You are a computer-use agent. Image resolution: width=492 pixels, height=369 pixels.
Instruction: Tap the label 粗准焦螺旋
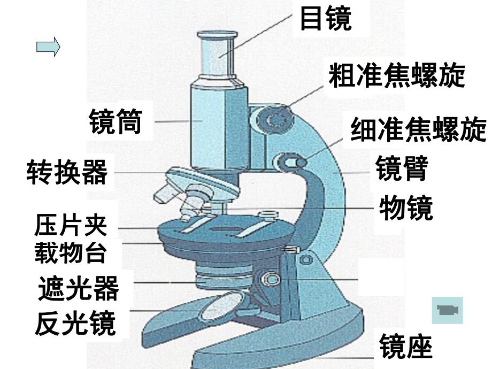[396, 76]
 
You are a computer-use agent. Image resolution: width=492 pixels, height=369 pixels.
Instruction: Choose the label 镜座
[405, 347]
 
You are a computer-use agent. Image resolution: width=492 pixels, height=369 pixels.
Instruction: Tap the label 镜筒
[116, 122]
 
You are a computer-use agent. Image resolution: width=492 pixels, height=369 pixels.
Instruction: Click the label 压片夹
[71, 226]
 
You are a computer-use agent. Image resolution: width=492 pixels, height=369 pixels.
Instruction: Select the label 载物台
[71, 252]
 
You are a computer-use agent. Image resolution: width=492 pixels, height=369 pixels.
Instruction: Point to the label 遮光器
[78, 289]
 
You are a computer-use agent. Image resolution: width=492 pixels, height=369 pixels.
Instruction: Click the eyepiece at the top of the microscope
[217, 53]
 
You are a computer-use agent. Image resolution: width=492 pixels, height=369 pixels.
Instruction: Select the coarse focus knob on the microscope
[276, 119]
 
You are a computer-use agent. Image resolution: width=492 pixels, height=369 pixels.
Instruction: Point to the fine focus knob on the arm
[289, 161]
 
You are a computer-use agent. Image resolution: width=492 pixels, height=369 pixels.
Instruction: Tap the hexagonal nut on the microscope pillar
[269, 279]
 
